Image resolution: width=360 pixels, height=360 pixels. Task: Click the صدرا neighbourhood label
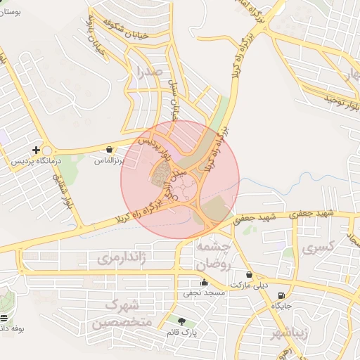tap(151, 71)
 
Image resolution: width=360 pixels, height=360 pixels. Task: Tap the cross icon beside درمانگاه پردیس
tap(36, 149)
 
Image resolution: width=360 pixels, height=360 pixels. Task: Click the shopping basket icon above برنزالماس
tap(110, 149)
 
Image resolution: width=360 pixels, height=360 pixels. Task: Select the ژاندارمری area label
tap(124, 258)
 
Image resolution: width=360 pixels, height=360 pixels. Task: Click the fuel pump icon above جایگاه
tap(282, 295)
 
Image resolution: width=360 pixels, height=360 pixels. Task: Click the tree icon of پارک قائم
tap(182, 321)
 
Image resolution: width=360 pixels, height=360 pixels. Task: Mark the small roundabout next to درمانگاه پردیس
tap(48, 150)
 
